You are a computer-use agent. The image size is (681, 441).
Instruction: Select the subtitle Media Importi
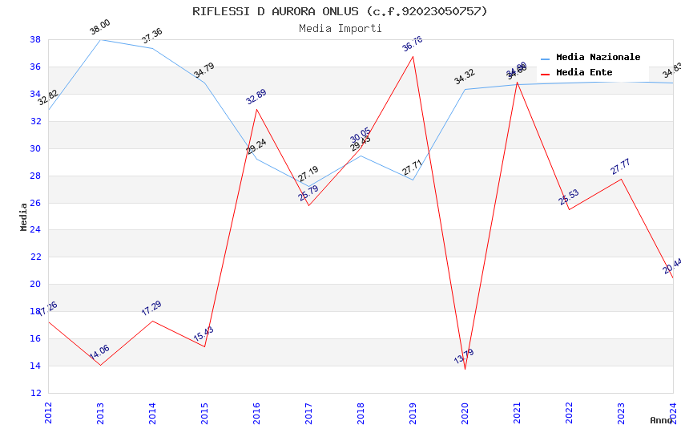pyautogui.click(x=340, y=29)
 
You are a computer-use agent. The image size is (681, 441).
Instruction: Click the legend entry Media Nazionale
pyautogui.click(x=598, y=58)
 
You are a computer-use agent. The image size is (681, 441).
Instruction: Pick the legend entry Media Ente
pyautogui.click(x=583, y=73)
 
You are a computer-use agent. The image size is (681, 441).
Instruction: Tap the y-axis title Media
pyautogui.click(x=24, y=216)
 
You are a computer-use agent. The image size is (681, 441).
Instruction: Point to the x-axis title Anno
pyautogui.click(x=661, y=420)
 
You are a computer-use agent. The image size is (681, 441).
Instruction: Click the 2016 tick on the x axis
pyautogui.click(x=256, y=412)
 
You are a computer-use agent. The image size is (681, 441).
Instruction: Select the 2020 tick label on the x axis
pyautogui.click(x=465, y=412)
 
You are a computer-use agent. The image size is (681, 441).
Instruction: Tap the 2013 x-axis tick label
pyautogui.click(x=100, y=412)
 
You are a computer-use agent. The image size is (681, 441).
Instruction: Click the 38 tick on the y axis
pyautogui.click(x=36, y=39)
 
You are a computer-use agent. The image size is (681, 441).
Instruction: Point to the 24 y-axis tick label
pyautogui.click(x=36, y=230)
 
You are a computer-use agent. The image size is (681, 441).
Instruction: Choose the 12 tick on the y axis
pyautogui.click(x=36, y=393)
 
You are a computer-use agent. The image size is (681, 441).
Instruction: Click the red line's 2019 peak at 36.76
pyautogui.click(x=413, y=56)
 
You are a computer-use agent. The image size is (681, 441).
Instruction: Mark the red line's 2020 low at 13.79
pyautogui.click(x=465, y=369)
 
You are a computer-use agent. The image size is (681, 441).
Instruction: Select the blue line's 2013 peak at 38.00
pyautogui.click(x=100, y=39)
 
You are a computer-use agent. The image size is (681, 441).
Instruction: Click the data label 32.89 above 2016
pyautogui.click(x=256, y=97)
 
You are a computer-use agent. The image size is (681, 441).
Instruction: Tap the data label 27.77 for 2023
pyautogui.click(x=621, y=167)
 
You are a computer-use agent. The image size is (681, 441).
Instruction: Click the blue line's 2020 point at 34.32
pyautogui.click(x=465, y=89)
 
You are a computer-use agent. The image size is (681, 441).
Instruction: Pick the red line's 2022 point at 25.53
pyautogui.click(x=569, y=209)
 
